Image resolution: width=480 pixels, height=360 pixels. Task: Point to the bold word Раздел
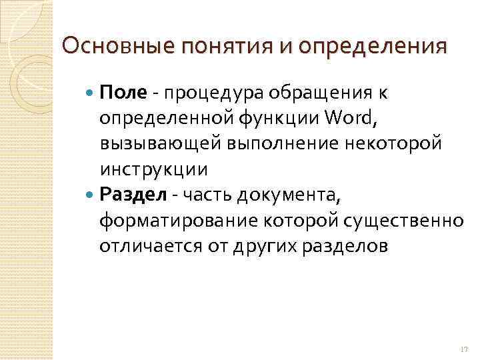130,195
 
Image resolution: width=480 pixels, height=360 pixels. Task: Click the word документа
281,195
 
